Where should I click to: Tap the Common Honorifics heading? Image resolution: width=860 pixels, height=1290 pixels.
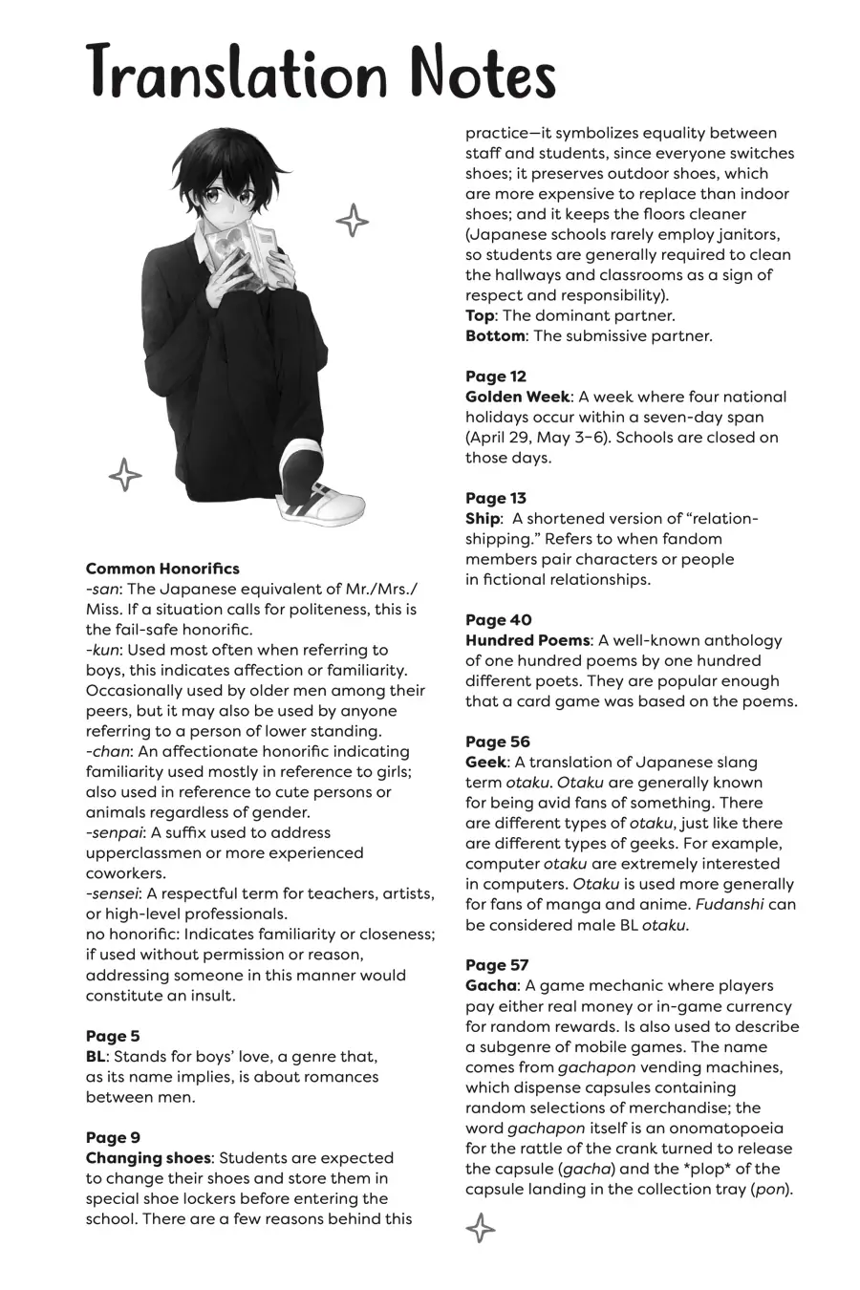click(162, 569)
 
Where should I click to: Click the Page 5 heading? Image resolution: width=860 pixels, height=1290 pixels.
click(113, 1036)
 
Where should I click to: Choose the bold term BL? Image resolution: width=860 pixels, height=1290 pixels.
click(96, 1056)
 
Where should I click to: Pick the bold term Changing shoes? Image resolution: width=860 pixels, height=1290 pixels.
click(147, 1158)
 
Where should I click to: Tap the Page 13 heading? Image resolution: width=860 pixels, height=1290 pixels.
click(496, 498)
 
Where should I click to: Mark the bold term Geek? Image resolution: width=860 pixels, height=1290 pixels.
click(485, 763)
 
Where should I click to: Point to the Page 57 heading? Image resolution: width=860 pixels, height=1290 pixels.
click(497, 965)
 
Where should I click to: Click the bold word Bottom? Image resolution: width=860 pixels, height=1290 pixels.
click(495, 336)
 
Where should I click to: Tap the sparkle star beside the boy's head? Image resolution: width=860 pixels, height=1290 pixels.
click(352, 221)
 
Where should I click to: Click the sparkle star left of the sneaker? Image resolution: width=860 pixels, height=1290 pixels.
click(124, 474)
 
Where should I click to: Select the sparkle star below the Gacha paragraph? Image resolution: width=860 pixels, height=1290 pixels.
click(480, 1227)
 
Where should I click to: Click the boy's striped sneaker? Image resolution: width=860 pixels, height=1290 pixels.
click(320, 487)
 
